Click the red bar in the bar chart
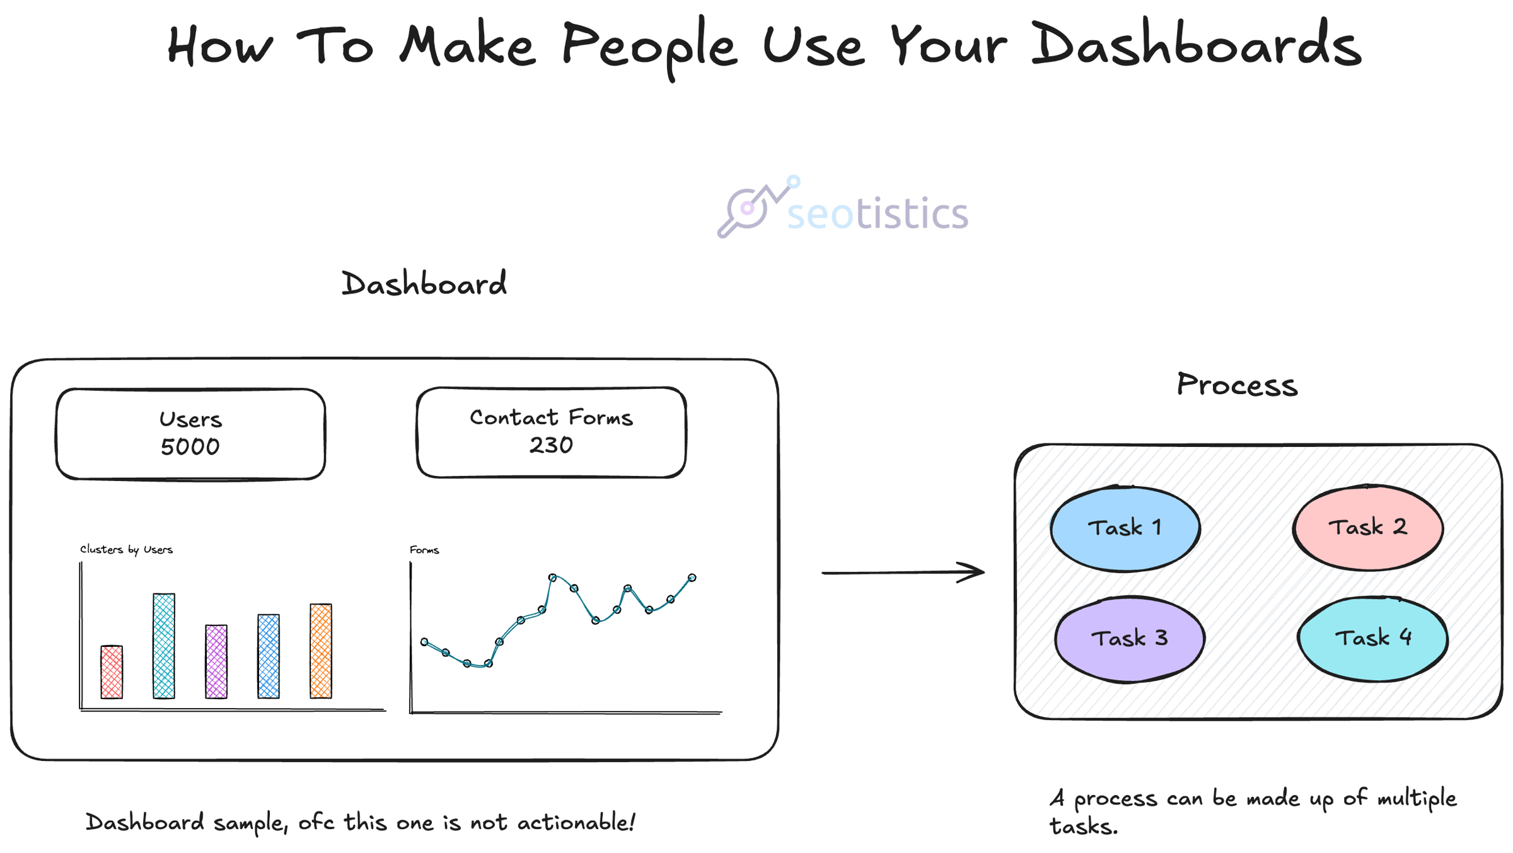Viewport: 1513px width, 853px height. click(x=112, y=671)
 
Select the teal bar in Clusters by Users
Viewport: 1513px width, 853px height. click(x=164, y=646)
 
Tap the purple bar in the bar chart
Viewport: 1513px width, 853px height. click(x=216, y=661)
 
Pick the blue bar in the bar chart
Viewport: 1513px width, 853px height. click(x=269, y=656)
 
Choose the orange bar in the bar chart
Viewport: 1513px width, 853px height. click(x=321, y=651)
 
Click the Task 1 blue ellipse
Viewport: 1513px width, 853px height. click(x=1125, y=528)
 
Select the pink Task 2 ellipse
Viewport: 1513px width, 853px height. click(x=1368, y=527)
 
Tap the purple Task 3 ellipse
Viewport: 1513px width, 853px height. click(x=1130, y=639)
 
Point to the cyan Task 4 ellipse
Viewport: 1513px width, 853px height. click(x=1373, y=638)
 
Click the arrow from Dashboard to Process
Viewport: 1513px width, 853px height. click(x=903, y=572)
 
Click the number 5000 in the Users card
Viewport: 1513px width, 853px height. click(x=190, y=447)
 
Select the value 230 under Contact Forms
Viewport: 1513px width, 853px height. click(x=551, y=445)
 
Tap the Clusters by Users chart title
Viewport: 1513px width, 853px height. click(x=126, y=550)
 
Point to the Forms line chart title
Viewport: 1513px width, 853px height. click(x=424, y=550)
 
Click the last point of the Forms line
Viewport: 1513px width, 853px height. click(x=692, y=577)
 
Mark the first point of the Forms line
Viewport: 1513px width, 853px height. click(x=424, y=642)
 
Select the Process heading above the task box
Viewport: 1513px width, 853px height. click(x=1237, y=385)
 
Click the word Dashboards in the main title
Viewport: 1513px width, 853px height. click(x=1197, y=44)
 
